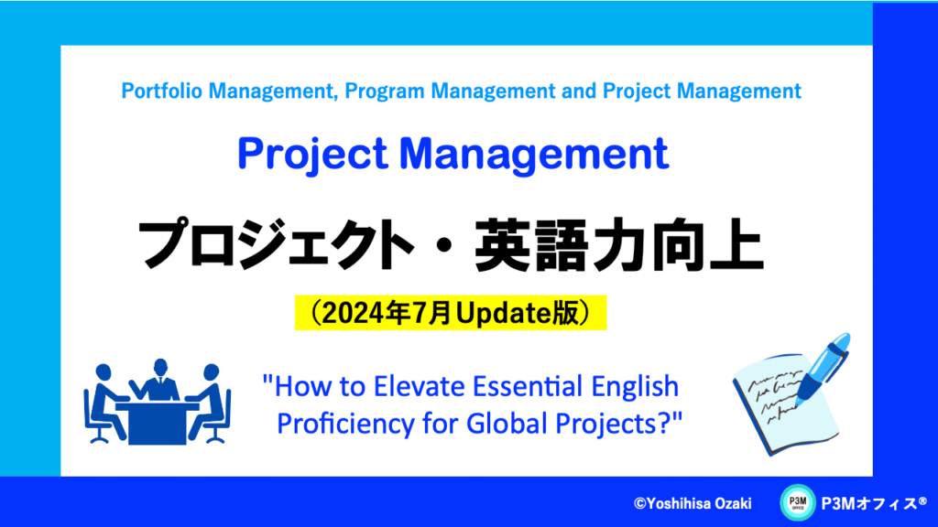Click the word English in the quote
tap(635, 387)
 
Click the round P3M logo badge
tap(798, 502)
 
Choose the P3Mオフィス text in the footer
tap(873, 504)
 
